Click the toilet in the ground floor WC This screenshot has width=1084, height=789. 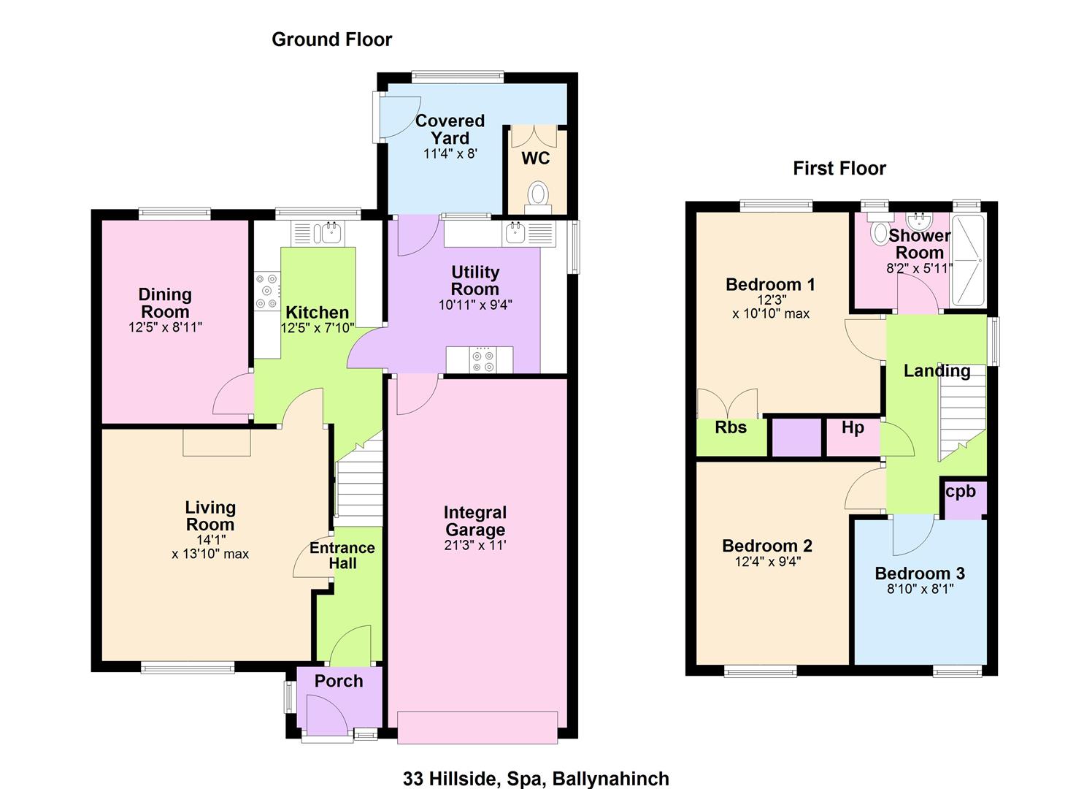tap(538, 197)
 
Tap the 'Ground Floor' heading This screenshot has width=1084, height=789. tap(332, 39)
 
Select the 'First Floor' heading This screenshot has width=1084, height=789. tap(839, 169)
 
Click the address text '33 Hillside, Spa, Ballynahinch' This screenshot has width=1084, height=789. tap(537, 779)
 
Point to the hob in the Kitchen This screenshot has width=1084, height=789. tap(267, 291)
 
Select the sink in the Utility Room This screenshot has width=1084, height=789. tap(515, 233)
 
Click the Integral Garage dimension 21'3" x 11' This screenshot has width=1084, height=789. tap(475, 546)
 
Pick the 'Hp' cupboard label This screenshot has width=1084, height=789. tap(853, 427)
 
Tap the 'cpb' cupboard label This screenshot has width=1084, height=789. tap(961, 492)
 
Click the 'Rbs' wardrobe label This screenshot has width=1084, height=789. tap(731, 427)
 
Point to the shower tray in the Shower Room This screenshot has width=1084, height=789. tap(969, 262)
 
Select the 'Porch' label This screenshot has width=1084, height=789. tap(339, 682)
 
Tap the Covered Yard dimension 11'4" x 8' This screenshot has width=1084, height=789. tap(450, 154)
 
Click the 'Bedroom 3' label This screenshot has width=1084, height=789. tap(920, 573)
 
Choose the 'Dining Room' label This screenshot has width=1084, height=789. tap(165, 302)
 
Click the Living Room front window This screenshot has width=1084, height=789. tap(188, 668)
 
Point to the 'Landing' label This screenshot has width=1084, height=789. tap(937, 371)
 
